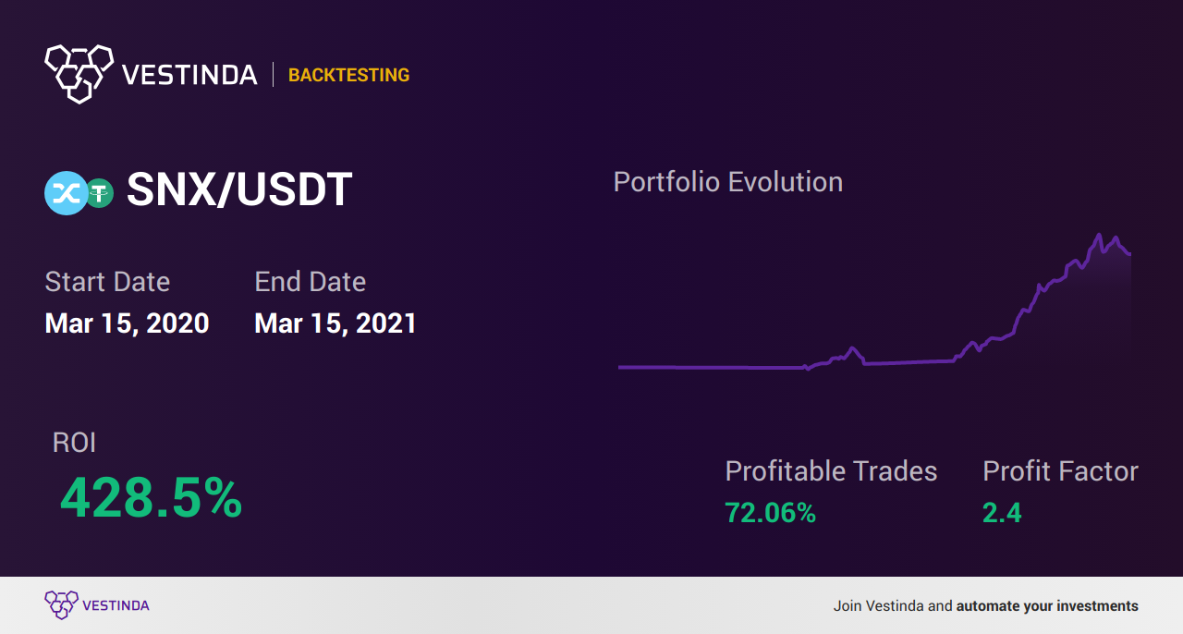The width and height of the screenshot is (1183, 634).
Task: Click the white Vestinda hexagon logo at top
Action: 79,74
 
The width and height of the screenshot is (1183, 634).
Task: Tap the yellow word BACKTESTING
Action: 348,75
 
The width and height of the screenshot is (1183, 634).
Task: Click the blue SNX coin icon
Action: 66,193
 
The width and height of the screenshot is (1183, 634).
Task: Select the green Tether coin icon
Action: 100,193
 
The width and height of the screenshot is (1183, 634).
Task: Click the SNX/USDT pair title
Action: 239,189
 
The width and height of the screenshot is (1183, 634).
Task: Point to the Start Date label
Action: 107,282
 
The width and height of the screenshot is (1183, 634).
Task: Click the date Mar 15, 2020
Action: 127,323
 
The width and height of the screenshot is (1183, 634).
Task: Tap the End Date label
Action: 310,282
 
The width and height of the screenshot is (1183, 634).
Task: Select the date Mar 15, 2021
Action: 335,323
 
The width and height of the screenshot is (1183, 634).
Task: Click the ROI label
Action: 74,443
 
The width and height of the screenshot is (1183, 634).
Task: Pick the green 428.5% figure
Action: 151,498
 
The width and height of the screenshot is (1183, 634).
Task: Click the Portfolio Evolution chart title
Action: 727,182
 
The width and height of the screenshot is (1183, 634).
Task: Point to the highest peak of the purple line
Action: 1099,235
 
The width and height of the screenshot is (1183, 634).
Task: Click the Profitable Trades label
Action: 831,470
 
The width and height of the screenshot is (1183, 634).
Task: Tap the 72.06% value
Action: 770,513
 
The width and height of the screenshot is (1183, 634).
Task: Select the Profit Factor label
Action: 1060,470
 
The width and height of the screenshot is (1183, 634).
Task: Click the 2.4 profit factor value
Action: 1002,513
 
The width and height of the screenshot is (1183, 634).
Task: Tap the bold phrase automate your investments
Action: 1047,606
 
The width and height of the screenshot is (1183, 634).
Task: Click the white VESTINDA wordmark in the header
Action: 189,75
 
